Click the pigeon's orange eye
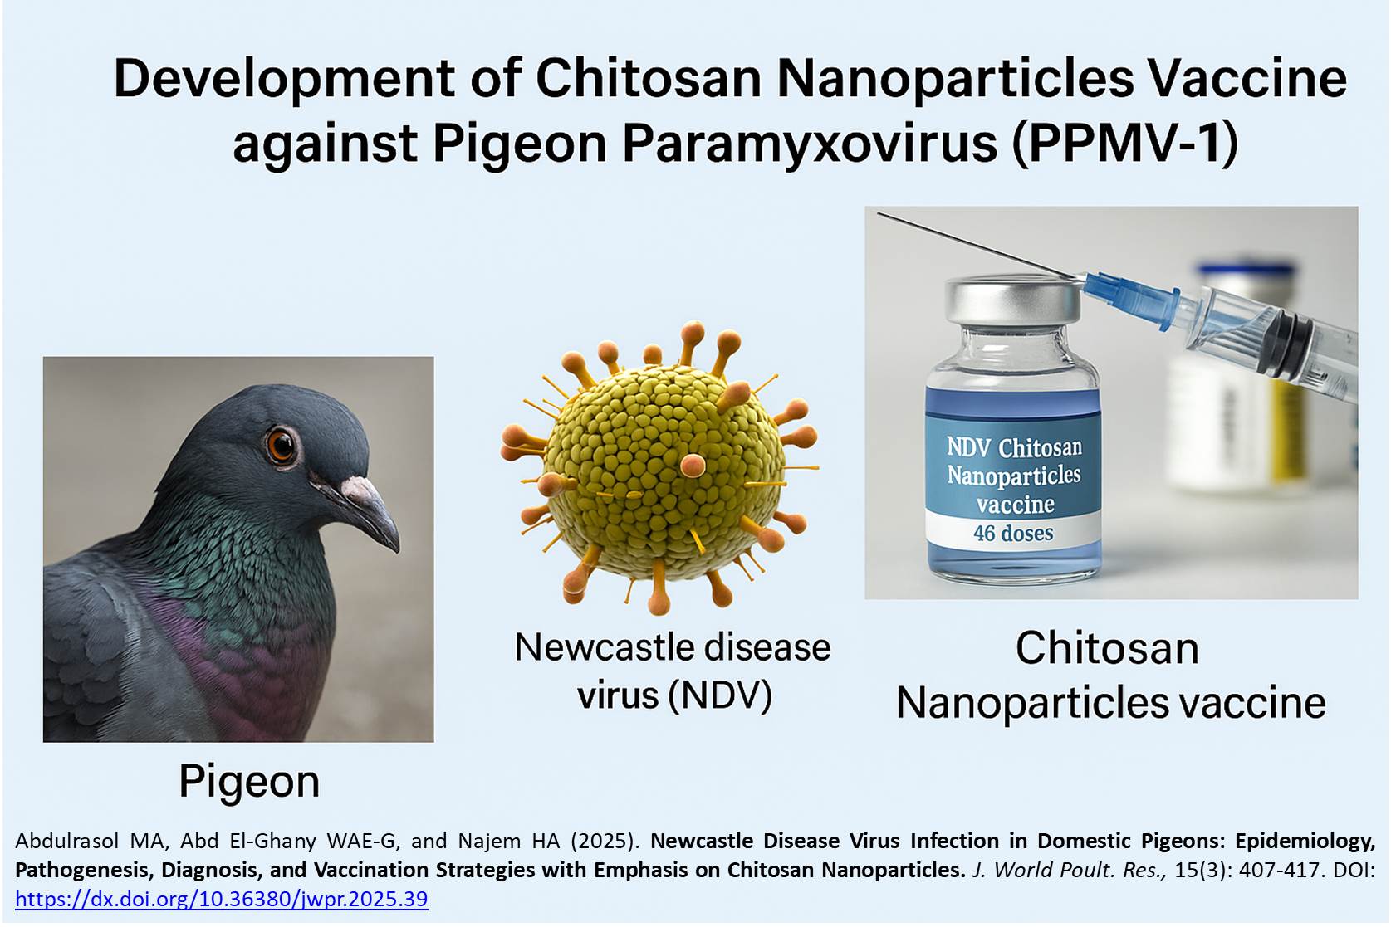(x=281, y=445)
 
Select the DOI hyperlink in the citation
(x=222, y=899)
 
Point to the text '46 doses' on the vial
(x=1013, y=533)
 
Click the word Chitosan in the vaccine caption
(x=1107, y=648)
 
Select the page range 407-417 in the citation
(x=1279, y=870)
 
